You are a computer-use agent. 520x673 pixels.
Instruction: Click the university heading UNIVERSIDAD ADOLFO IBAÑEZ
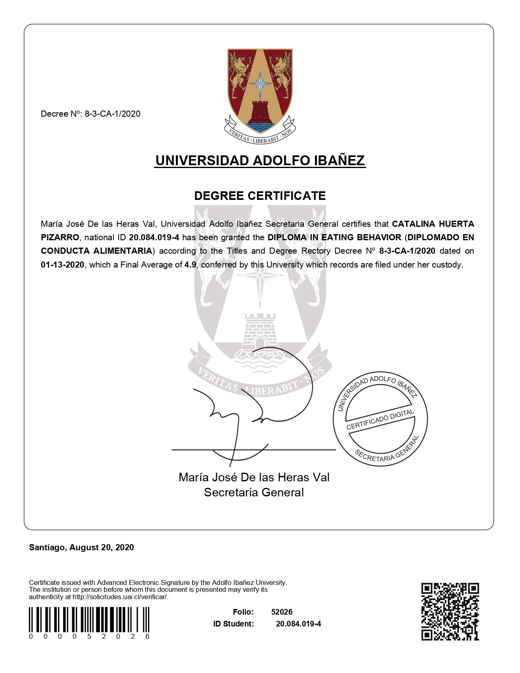coord(260,160)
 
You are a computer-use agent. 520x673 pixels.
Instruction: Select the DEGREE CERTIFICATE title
coord(260,196)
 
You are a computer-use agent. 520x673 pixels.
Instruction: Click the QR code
coord(450,611)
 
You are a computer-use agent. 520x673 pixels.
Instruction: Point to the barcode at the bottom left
coord(89,620)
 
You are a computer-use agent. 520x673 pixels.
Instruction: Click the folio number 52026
coord(282,612)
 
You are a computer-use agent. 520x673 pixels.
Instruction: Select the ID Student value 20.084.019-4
coord(298,624)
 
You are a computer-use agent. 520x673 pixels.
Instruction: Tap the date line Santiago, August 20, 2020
coord(81,547)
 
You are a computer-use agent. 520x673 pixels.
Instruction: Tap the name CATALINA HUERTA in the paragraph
coord(433,224)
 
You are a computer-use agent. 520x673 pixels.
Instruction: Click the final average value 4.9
coord(190,265)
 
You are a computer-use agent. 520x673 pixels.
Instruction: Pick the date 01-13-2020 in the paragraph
coord(62,265)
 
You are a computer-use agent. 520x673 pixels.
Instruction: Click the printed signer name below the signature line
coord(254,477)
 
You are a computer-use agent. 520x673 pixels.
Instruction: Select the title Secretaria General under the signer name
coord(254,492)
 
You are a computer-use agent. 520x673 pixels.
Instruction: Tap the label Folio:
coord(243,612)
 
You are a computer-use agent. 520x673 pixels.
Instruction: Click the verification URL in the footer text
coord(120,597)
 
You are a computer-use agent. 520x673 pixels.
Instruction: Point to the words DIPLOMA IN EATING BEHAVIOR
coord(334,237)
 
